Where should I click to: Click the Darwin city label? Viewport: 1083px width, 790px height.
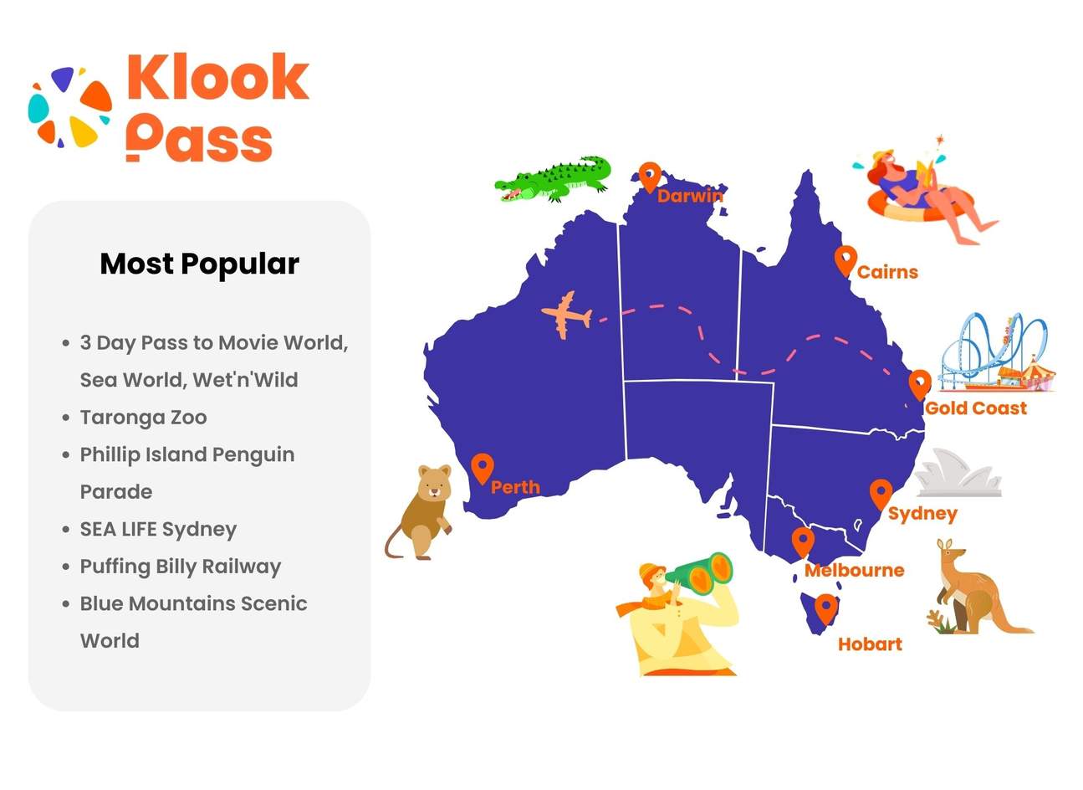click(689, 196)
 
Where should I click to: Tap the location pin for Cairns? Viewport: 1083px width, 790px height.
click(845, 260)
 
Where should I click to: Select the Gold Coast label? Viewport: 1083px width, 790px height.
click(975, 408)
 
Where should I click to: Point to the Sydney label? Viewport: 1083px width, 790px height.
click(922, 513)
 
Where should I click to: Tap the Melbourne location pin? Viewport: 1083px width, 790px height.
click(803, 541)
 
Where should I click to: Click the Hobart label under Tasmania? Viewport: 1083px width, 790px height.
click(870, 644)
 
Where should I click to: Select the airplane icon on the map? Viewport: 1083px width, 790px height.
click(567, 315)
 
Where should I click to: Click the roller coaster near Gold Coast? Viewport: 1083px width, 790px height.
click(995, 353)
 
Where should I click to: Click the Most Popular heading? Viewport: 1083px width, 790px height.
click(199, 264)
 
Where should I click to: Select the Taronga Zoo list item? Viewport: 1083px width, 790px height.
click(143, 417)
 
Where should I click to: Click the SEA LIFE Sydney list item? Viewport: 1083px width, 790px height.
click(158, 529)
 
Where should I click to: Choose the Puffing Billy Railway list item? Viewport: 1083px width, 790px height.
click(180, 567)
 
